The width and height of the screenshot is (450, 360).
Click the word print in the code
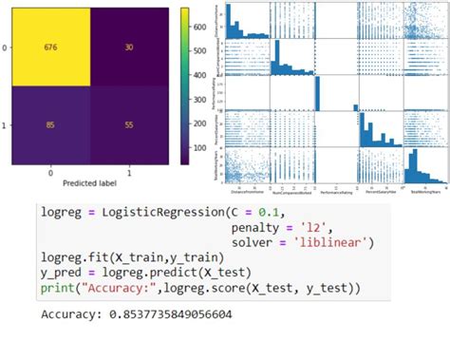pos(59,286)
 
